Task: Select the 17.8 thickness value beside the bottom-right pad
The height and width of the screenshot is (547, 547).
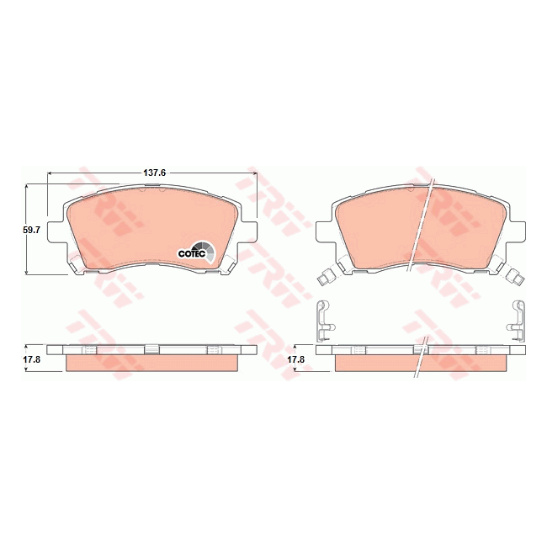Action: [x=296, y=359]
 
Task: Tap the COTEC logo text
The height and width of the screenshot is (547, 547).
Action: [x=190, y=252]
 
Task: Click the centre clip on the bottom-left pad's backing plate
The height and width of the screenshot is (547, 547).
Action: [x=152, y=348]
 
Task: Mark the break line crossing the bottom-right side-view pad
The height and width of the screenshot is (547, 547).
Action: [x=421, y=358]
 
